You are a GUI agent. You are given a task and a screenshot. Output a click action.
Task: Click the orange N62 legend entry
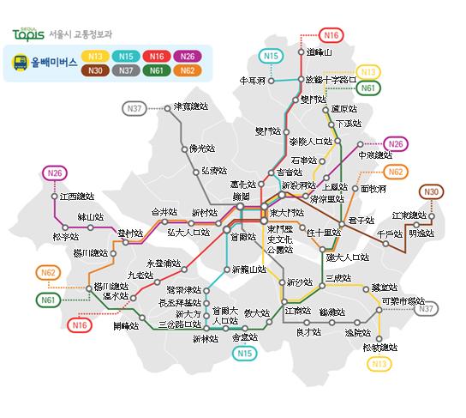coord(188,70)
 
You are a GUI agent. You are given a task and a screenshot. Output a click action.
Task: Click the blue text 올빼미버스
coord(53,63)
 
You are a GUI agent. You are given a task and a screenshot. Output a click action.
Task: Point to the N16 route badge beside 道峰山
coord(332,34)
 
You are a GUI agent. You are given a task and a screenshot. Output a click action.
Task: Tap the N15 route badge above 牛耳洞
coord(271,57)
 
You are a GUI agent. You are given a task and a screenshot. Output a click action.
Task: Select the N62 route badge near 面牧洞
coord(395,172)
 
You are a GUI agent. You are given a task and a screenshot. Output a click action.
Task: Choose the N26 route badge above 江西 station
coord(55,173)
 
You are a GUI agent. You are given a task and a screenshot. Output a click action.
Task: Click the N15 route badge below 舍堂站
coord(246,353)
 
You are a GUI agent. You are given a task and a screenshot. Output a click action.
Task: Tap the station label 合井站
coord(164,211)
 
